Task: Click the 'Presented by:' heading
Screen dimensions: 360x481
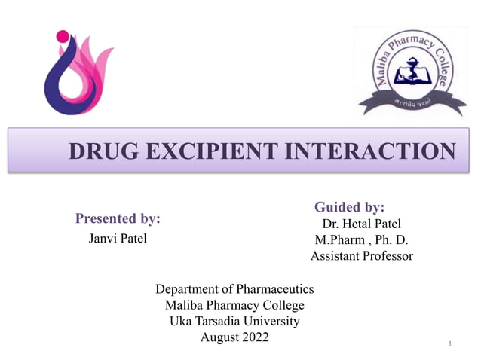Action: coord(118,219)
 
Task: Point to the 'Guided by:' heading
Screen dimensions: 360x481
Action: coord(349,206)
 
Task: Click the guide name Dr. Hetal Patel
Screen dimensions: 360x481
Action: coord(361,224)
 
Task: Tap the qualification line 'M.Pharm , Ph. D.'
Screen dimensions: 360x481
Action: coord(361,240)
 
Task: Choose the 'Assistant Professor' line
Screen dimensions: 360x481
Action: coord(361,256)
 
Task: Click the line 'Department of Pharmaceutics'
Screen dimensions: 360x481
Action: coord(234,289)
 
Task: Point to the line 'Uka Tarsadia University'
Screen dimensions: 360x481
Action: coord(234,321)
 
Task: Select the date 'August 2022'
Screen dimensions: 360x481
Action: coord(234,337)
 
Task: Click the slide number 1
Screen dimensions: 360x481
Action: coord(449,344)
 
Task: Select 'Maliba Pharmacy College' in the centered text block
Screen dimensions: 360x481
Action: coord(234,305)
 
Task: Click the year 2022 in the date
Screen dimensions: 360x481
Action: coord(252,337)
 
